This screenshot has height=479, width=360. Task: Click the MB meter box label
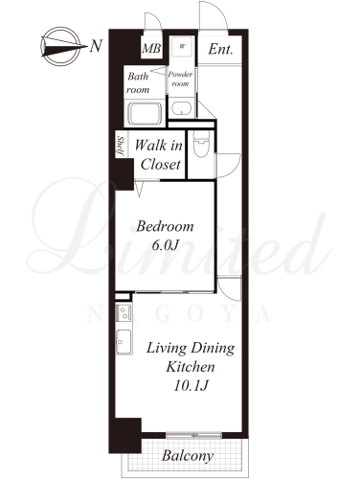point(151,49)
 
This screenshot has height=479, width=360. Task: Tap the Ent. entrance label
point(220,49)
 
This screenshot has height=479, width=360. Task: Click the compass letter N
point(96,46)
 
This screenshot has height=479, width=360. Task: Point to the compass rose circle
point(60,46)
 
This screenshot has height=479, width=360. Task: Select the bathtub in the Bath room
point(145,113)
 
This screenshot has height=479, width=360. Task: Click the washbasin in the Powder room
point(181,108)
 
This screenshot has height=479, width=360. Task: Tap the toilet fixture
point(201,144)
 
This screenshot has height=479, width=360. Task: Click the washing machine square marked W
point(182,47)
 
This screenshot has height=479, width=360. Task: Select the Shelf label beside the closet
point(121,146)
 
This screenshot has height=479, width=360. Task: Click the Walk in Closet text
point(159,155)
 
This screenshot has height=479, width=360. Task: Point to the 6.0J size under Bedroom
point(165,245)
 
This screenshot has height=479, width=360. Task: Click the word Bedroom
point(165,226)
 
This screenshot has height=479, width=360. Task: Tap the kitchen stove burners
point(124,313)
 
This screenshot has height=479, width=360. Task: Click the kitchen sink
point(124,342)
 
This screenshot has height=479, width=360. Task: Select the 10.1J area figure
point(191,386)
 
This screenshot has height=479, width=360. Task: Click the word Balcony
point(188,456)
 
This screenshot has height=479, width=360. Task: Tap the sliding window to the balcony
point(193,435)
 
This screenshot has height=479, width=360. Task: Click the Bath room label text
point(138,83)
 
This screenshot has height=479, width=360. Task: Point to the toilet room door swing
point(229,166)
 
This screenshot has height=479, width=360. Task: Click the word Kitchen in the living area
point(191,367)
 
